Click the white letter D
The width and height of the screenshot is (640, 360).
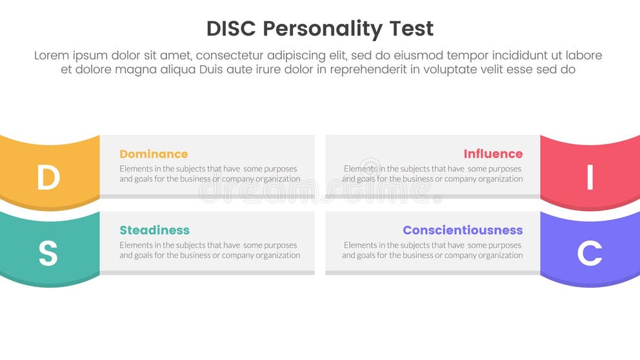click(x=48, y=178)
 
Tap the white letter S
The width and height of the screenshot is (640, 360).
click(x=48, y=254)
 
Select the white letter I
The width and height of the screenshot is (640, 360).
click(x=590, y=178)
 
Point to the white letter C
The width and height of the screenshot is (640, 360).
click(x=590, y=254)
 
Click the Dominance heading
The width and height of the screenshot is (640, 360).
click(x=154, y=154)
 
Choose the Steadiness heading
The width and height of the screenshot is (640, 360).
click(x=154, y=230)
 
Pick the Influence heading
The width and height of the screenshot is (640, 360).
click(x=493, y=154)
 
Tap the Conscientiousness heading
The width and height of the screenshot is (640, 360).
click(x=463, y=230)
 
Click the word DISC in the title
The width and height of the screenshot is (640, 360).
click(x=232, y=29)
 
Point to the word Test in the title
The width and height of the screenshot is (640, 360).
click(x=410, y=29)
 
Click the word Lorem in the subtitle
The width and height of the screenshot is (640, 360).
click(x=52, y=55)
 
